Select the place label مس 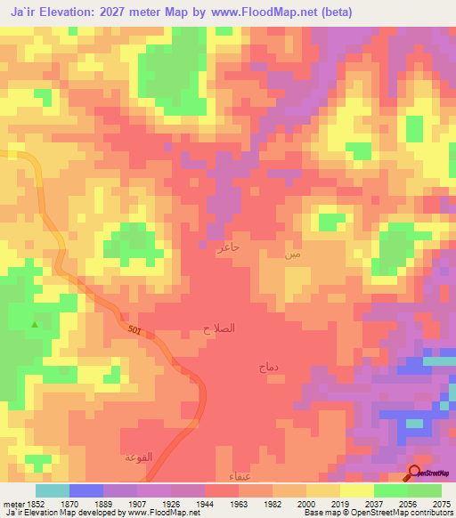pos(292,254)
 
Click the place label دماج pos(268,366)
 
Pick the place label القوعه pos(138,457)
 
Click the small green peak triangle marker pos(35,324)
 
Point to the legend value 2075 pos(442,503)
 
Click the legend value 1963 pos(238,503)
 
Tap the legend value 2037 pos(373,503)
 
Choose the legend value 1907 pos(136,503)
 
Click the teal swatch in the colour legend pos(53,490)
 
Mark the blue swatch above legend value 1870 pos(86,490)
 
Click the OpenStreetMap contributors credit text pos(402,513)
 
